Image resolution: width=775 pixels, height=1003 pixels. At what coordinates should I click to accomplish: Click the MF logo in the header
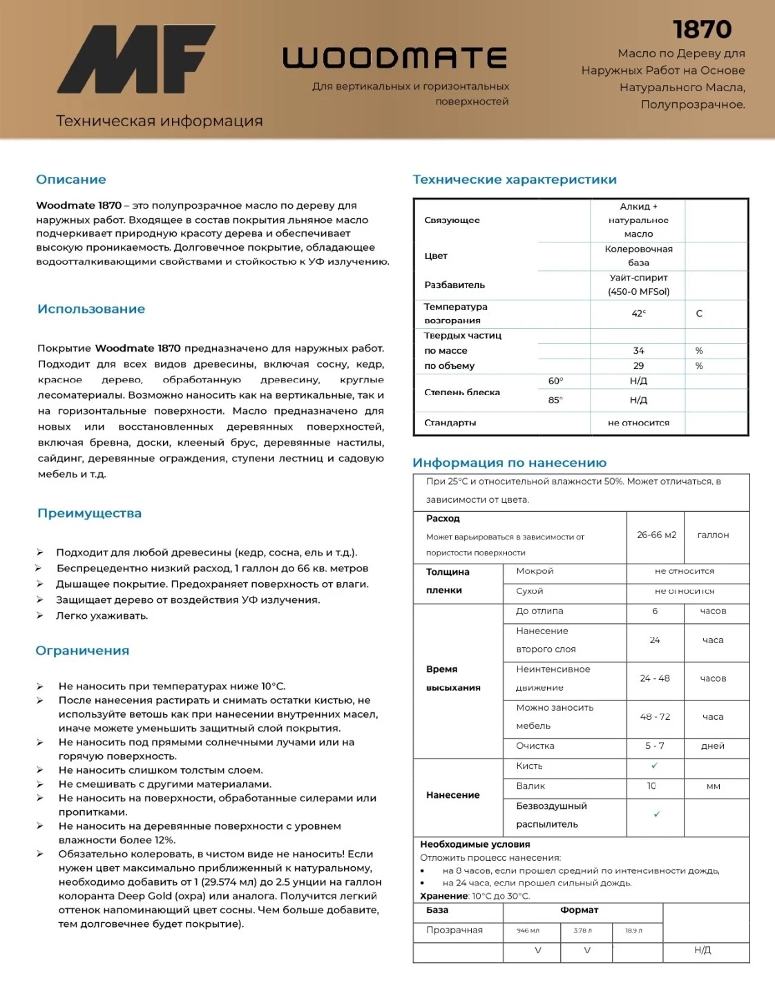pyautogui.click(x=135, y=59)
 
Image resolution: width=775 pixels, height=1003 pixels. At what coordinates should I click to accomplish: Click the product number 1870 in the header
pyautogui.click(x=702, y=29)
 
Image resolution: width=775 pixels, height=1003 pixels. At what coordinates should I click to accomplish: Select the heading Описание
pyautogui.click(x=71, y=180)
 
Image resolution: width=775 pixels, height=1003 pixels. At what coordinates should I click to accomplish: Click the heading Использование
pyautogui.click(x=91, y=309)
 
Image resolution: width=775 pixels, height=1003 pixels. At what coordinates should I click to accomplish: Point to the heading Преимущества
pyautogui.click(x=89, y=513)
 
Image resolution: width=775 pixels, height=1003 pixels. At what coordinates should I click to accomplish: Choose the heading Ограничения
pyautogui.click(x=82, y=651)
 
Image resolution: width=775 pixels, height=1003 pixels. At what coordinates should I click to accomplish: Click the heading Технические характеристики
pyautogui.click(x=515, y=180)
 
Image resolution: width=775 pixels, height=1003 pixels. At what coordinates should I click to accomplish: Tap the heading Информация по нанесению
pyautogui.click(x=509, y=463)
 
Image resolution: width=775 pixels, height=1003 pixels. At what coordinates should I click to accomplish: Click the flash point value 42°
pyautogui.click(x=638, y=314)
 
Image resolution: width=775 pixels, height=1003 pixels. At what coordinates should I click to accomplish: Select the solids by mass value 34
pyautogui.click(x=638, y=351)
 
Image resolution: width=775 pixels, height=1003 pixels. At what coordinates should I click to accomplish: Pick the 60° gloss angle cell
pyautogui.click(x=555, y=381)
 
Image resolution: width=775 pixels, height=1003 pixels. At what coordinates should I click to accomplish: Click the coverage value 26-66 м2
pyautogui.click(x=656, y=535)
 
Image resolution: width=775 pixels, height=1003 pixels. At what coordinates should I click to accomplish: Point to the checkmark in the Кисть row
pyautogui.click(x=655, y=765)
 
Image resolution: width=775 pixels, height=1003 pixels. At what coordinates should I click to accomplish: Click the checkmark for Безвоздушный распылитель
pyautogui.click(x=656, y=814)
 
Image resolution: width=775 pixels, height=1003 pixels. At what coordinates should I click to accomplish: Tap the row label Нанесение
pyautogui.click(x=452, y=795)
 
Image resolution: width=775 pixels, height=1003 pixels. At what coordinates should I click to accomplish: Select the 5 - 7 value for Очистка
pyautogui.click(x=655, y=746)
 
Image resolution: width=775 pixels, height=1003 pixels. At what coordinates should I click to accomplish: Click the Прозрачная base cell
pyautogui.click(x=455, y=930)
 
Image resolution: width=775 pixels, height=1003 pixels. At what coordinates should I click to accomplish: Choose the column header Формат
pyautogui.click(x=579, y=910)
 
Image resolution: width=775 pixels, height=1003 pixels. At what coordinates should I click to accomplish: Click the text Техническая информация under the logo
pyautogui.click(x=160, y=121)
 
